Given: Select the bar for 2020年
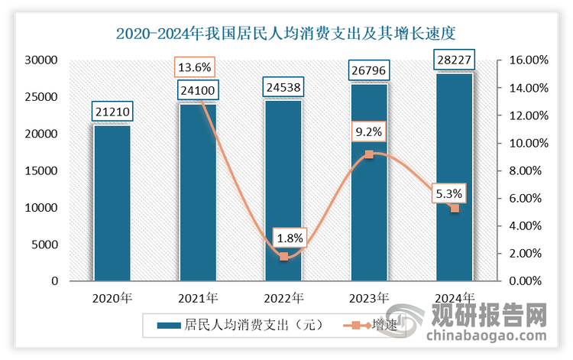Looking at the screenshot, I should [112, 203].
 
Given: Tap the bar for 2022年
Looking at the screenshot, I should [283, 191].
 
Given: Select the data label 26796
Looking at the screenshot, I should [369, 73].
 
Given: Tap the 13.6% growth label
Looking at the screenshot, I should [195, 66].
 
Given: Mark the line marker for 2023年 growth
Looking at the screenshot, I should [369, 154].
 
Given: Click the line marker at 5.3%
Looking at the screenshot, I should [455, 208].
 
